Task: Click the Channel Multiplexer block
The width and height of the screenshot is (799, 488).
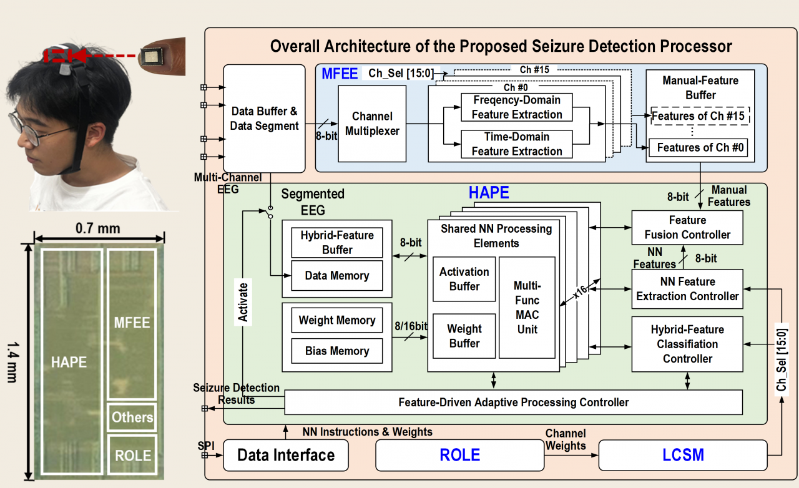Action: click(x=372, y=124)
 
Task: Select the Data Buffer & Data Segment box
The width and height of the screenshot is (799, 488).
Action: click(x=264, y=119)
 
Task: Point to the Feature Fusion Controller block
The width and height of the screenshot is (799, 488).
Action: click(x=687, y=228)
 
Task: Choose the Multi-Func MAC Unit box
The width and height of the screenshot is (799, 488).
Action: click(x=527, y=307)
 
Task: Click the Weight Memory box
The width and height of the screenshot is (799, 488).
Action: click(x=337, y=320)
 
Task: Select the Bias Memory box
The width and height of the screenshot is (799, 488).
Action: click(x=337, y=351)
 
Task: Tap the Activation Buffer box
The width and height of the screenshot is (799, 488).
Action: click(x=464, y=279)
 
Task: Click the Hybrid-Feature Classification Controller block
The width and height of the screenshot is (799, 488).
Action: click(x=687, y=344)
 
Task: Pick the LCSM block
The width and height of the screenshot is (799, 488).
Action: click(x=683, y=455)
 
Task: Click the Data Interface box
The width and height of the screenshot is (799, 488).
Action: click(x=286, y=455)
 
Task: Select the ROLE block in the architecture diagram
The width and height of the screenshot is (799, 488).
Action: click(x=459, y=455)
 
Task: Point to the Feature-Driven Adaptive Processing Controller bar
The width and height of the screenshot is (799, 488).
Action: click(x=513, y=403)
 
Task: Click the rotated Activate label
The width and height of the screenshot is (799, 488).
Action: click(x=243, y=302)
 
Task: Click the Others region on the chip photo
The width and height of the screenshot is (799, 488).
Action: click(x=132, y=417)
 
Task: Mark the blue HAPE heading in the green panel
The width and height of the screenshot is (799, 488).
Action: click(x=489, y=193)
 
